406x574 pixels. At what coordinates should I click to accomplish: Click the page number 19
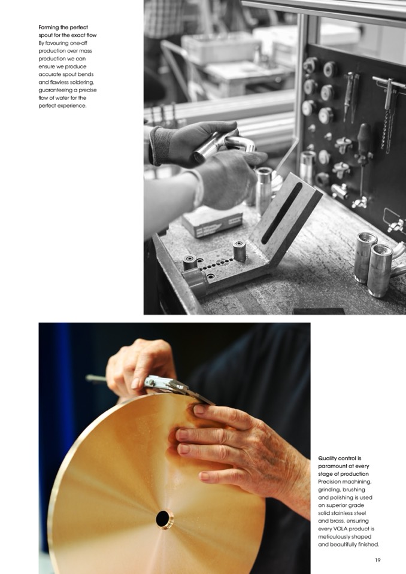pyautogui.click(x=378, y=560)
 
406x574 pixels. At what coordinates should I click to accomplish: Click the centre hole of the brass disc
pyautogui.click(x=163, y=518)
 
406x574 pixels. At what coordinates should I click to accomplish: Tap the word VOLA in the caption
pyautogui.click(x=338, y=529)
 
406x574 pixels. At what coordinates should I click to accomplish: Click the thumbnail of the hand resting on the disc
pyautogui.click(x=199, y=409)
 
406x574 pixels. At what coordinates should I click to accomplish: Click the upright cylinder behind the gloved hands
pyautogui.click(x=263, y=186)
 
